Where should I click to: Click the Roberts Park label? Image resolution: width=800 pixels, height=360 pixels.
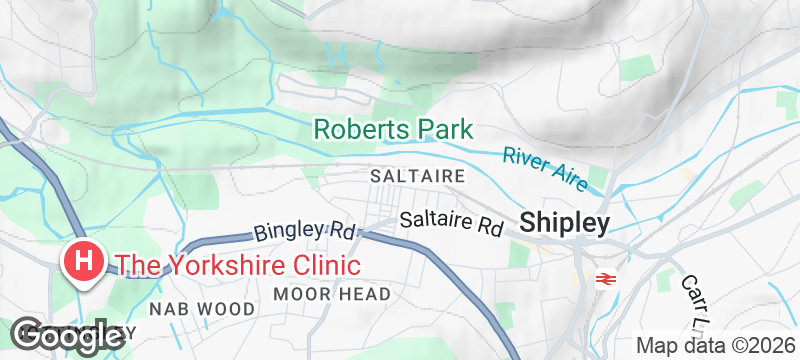(x=393, y=131)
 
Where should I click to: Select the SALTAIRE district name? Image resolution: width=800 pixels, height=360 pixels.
(x=405, y=175)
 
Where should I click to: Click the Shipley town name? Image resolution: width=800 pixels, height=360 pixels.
(x=564, y=224)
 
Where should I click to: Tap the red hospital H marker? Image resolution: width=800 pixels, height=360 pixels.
(x=84, y=262)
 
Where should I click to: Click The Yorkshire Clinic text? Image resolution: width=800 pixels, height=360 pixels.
(x=238, y=266)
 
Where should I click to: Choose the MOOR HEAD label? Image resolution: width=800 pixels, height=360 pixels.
(x=332, y=293)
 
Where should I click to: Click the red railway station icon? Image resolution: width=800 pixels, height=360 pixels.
(x=603, y=280)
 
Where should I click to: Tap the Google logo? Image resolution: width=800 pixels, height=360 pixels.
(x=67, y=337)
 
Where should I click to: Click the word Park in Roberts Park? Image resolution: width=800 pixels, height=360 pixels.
(x=442, y=131)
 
